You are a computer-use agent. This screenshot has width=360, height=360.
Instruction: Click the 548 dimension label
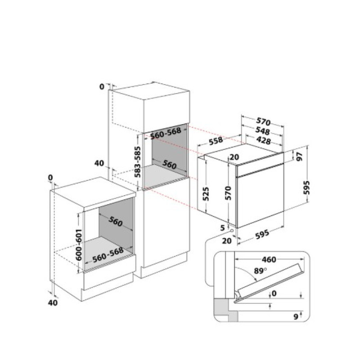(x=262, y=131)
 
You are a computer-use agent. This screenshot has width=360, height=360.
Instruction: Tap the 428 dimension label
(x=263, y=140)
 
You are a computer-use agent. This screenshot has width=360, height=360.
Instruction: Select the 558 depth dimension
(x=216, y=141)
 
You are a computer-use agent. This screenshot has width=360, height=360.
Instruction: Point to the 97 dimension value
(x=299, y=156)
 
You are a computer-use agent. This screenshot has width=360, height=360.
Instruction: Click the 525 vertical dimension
(x=206, y=194)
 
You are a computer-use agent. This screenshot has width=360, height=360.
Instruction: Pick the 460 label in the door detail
(x=269, y=260)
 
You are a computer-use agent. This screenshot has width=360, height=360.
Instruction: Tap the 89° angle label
(x=260, y=271)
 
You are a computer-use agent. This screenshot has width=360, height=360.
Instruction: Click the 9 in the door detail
(x=296, y=317)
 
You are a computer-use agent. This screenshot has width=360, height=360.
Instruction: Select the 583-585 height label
(x=138, y=162)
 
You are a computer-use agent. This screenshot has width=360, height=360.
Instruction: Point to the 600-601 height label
(x=79, y=244)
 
